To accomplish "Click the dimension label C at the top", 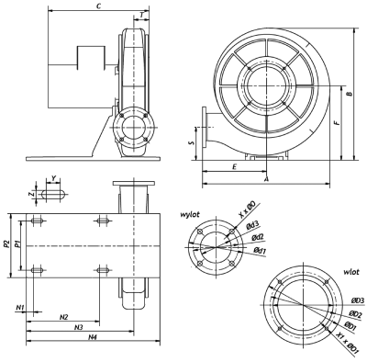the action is (98, 6).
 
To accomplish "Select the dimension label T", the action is (141, 15).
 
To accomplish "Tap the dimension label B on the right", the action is (350, 94).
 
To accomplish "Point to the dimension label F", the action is (337, 122).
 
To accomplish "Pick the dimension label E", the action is (234, 167).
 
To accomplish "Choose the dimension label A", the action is (266, 179).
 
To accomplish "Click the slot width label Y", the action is (54, 178).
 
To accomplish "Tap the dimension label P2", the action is (6, 244).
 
